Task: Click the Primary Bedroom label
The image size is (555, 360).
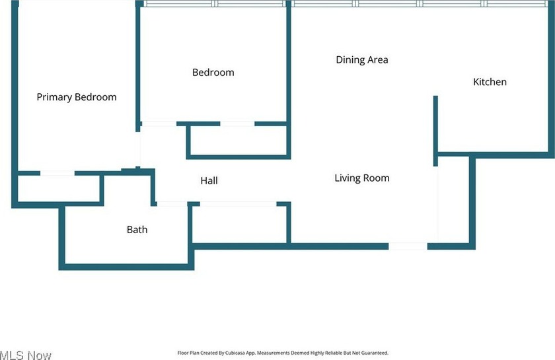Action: pyautogui.click(x=77, y=97)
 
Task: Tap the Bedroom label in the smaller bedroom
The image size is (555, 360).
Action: pyautogui.click(x=213, y=72)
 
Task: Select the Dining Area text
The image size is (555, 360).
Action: pyautogui.click(x=362, y=59)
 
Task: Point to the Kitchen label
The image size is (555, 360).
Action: pyautogui.click(x=490, y=82)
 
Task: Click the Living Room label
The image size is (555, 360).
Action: pyautogui.click(x=362, y=178)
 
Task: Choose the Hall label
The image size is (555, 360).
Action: pyautogui.click(x=209, y=180)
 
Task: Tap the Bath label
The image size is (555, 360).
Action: pyautogui.click(x=137, y=229)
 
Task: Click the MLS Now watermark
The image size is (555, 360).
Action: pyautogui.click(x=26, y=355)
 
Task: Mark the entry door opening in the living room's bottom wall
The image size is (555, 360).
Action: pyautogui.click(x=408, y=246)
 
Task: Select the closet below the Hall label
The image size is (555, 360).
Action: pyautogui.click(x=239, y=225)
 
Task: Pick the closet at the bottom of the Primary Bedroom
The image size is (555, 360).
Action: pyautogui.click(x=58, y=189)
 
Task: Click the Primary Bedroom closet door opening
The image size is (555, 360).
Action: pyautogui.click(x=57, y=173)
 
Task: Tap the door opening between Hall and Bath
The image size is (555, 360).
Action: pyautogui.click(x=172, y=204)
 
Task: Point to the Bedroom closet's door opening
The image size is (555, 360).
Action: pyautogui.click(x=237, y=124)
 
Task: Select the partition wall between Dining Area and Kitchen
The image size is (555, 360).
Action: pyautogui.click(x=435, y=131)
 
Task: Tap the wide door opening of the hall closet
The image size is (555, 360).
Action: pyautogui.click(x=239, y=204)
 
